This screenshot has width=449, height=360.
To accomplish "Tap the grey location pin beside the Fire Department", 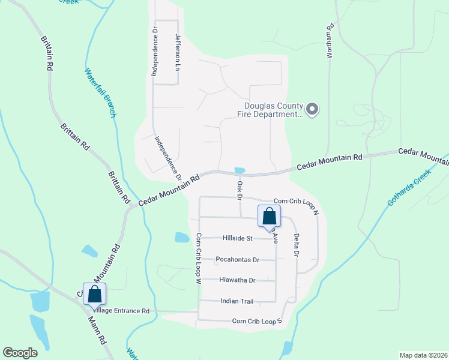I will pyautogui.click(x=312, y=110).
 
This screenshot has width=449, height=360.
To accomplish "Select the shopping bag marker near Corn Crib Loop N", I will pyautogui.click(x=269, y=216).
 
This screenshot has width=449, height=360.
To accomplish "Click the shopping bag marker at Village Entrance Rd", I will pyautogui.click(x=94, y=294).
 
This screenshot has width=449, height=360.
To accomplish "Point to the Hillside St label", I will pyautogui.click(x=237, y=238).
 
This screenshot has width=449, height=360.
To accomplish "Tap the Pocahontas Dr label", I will pyautogui.click(x=237, y=260).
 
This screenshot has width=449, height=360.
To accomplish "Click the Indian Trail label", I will pyautogui.click(x=238, y=301).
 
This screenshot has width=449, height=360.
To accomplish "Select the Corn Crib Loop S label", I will pyautogui.click(x=257, y=322).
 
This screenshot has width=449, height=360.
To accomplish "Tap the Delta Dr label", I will pyautogui.click(x=296, y=245).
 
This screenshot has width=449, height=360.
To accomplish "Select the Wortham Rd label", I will pyautogui.click(x=329, y=41).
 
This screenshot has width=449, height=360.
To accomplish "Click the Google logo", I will pyautogui.click(x=20, y=353).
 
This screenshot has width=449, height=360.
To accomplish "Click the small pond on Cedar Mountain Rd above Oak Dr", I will pyautogui.click(x=240, y=170).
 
